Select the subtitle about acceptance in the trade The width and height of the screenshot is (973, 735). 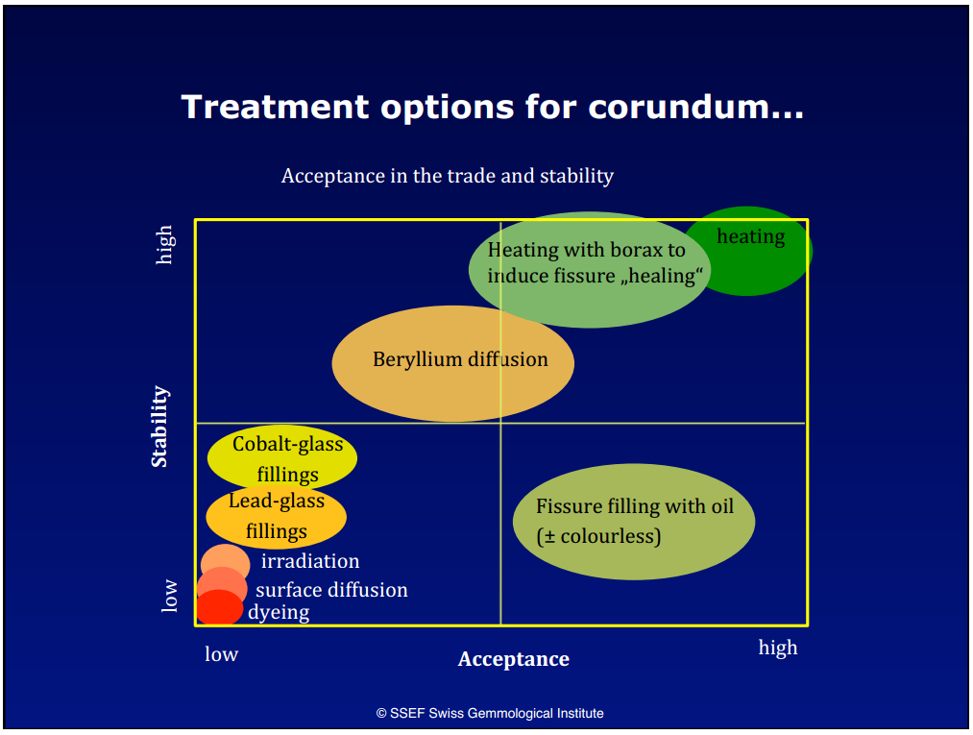(x=448, y=176)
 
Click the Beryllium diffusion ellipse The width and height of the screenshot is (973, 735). (x=453, y=364)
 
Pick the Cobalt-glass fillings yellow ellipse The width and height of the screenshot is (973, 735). (x=282, y=457)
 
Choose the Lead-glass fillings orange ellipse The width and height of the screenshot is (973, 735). (x=276, y=517)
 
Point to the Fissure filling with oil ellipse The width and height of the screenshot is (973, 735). (x=634, y=522)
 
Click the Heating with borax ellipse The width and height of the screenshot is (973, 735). (x=590, y=270)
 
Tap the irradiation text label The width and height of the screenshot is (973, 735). (x=310, y=561)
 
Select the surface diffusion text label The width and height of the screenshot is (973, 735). (x=332, y=590)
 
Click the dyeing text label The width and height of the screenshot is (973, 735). (x=279, y=613)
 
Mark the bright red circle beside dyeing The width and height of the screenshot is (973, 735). (x=219, y=608)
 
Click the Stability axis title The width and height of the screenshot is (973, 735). (x=159, y=426)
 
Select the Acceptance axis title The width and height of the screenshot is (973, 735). (x=514, y=659)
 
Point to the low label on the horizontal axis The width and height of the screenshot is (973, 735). (x=222, y=654)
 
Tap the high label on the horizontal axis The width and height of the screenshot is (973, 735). (x=778, y=649)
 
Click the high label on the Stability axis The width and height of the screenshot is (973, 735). (x=165, y=245)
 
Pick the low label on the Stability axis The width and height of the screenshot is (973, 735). (x=169, y=597)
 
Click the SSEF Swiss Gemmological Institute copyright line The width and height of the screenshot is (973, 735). (x=490, y=713)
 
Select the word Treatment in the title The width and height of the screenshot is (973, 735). (x=276, y=107)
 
